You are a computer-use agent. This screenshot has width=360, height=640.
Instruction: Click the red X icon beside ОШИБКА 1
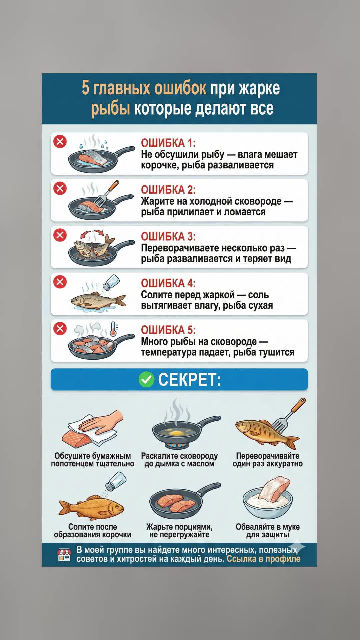click(x=60, y=142)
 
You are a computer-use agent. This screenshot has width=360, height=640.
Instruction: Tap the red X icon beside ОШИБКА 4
click(x=60, y=282)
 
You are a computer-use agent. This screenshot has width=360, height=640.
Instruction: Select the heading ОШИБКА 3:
click(x=168, y=237)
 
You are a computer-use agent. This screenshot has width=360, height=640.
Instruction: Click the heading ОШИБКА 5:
click(x=168, y=330)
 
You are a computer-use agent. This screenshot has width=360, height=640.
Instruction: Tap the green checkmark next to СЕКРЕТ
click(x=146, y=380)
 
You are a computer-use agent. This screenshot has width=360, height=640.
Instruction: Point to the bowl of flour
click(x=267, y=503)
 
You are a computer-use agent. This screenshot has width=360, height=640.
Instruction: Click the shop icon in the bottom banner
click(x=64, y=554)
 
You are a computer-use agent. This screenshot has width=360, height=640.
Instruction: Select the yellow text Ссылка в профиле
click(x=263, y=559)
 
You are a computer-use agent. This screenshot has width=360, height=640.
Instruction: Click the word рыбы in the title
click(x=110, y=109)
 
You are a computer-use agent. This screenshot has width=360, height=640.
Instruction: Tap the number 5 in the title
click(x=86, y=88)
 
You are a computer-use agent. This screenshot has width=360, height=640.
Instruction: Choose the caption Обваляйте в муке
click(x=268, y=527)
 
